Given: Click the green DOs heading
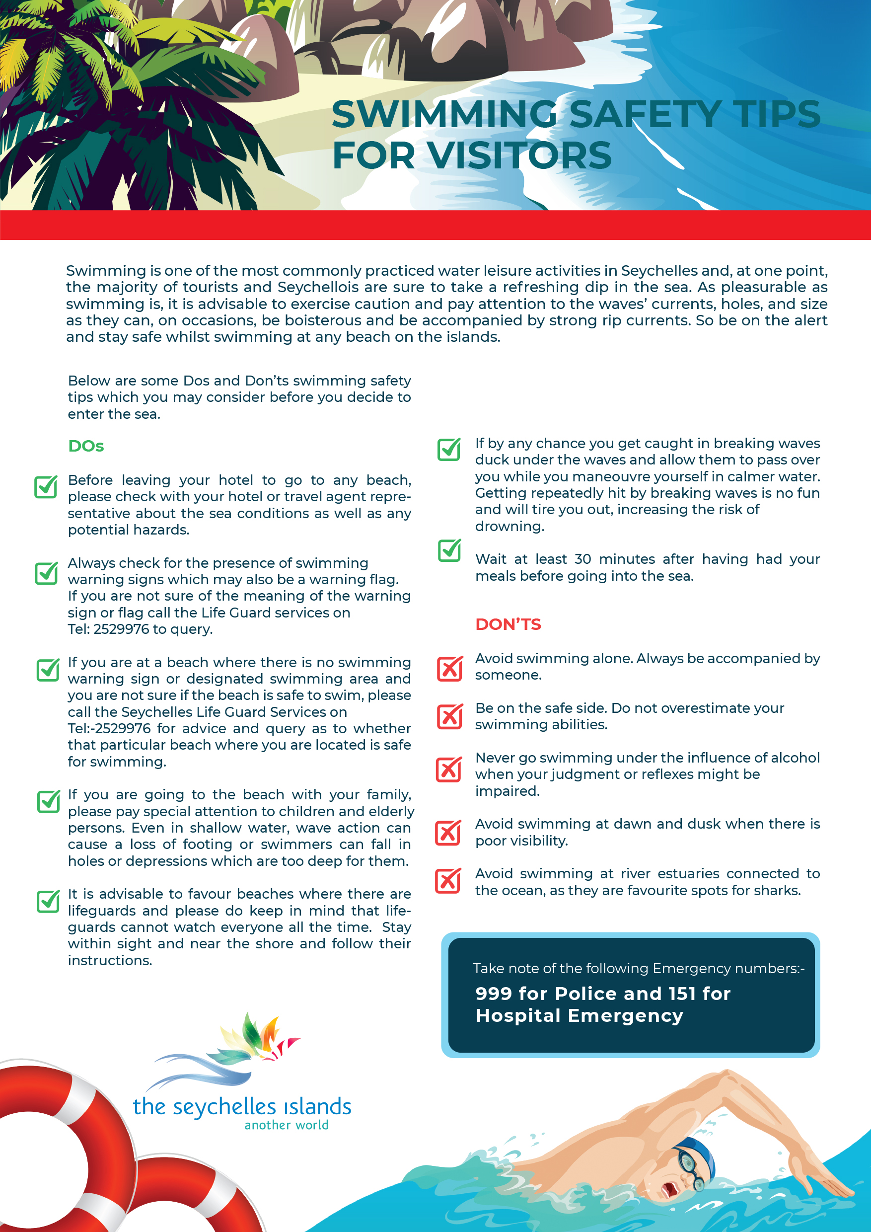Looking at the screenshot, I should (86, 446).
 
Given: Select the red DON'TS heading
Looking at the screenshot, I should (508, 624).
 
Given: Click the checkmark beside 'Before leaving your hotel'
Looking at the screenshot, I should (46, 487).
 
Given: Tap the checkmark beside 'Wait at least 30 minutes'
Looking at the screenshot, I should (449, 550).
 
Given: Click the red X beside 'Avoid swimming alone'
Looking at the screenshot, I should (449, 668).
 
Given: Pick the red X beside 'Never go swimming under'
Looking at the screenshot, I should (449, 769).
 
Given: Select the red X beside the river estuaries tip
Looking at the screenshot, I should (448, 881).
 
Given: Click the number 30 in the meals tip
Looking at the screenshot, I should (582, 559).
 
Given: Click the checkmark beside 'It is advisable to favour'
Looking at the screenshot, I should (48, 901).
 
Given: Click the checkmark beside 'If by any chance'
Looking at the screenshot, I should (449, 450).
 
